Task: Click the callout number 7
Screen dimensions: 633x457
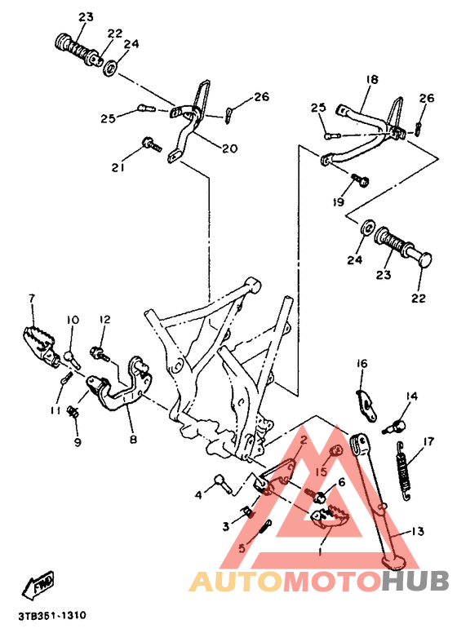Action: pos(32,298)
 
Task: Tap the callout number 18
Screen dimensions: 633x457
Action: pos(372,79)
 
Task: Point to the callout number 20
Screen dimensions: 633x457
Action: pos(228,148)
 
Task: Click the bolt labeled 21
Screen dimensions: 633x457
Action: pos(152,144)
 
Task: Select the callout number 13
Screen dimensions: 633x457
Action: pos(417,531)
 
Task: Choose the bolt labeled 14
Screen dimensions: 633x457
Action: pos(397,423)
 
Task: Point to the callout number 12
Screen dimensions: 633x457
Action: pos(104,319)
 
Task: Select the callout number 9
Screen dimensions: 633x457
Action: pos(78,443)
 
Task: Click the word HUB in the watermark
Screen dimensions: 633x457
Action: pos(414,582)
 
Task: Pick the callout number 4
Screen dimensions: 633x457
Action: pos(197,494)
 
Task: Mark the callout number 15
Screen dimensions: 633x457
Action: pos(322,471)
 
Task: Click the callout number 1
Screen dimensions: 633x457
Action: pos(321,551)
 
